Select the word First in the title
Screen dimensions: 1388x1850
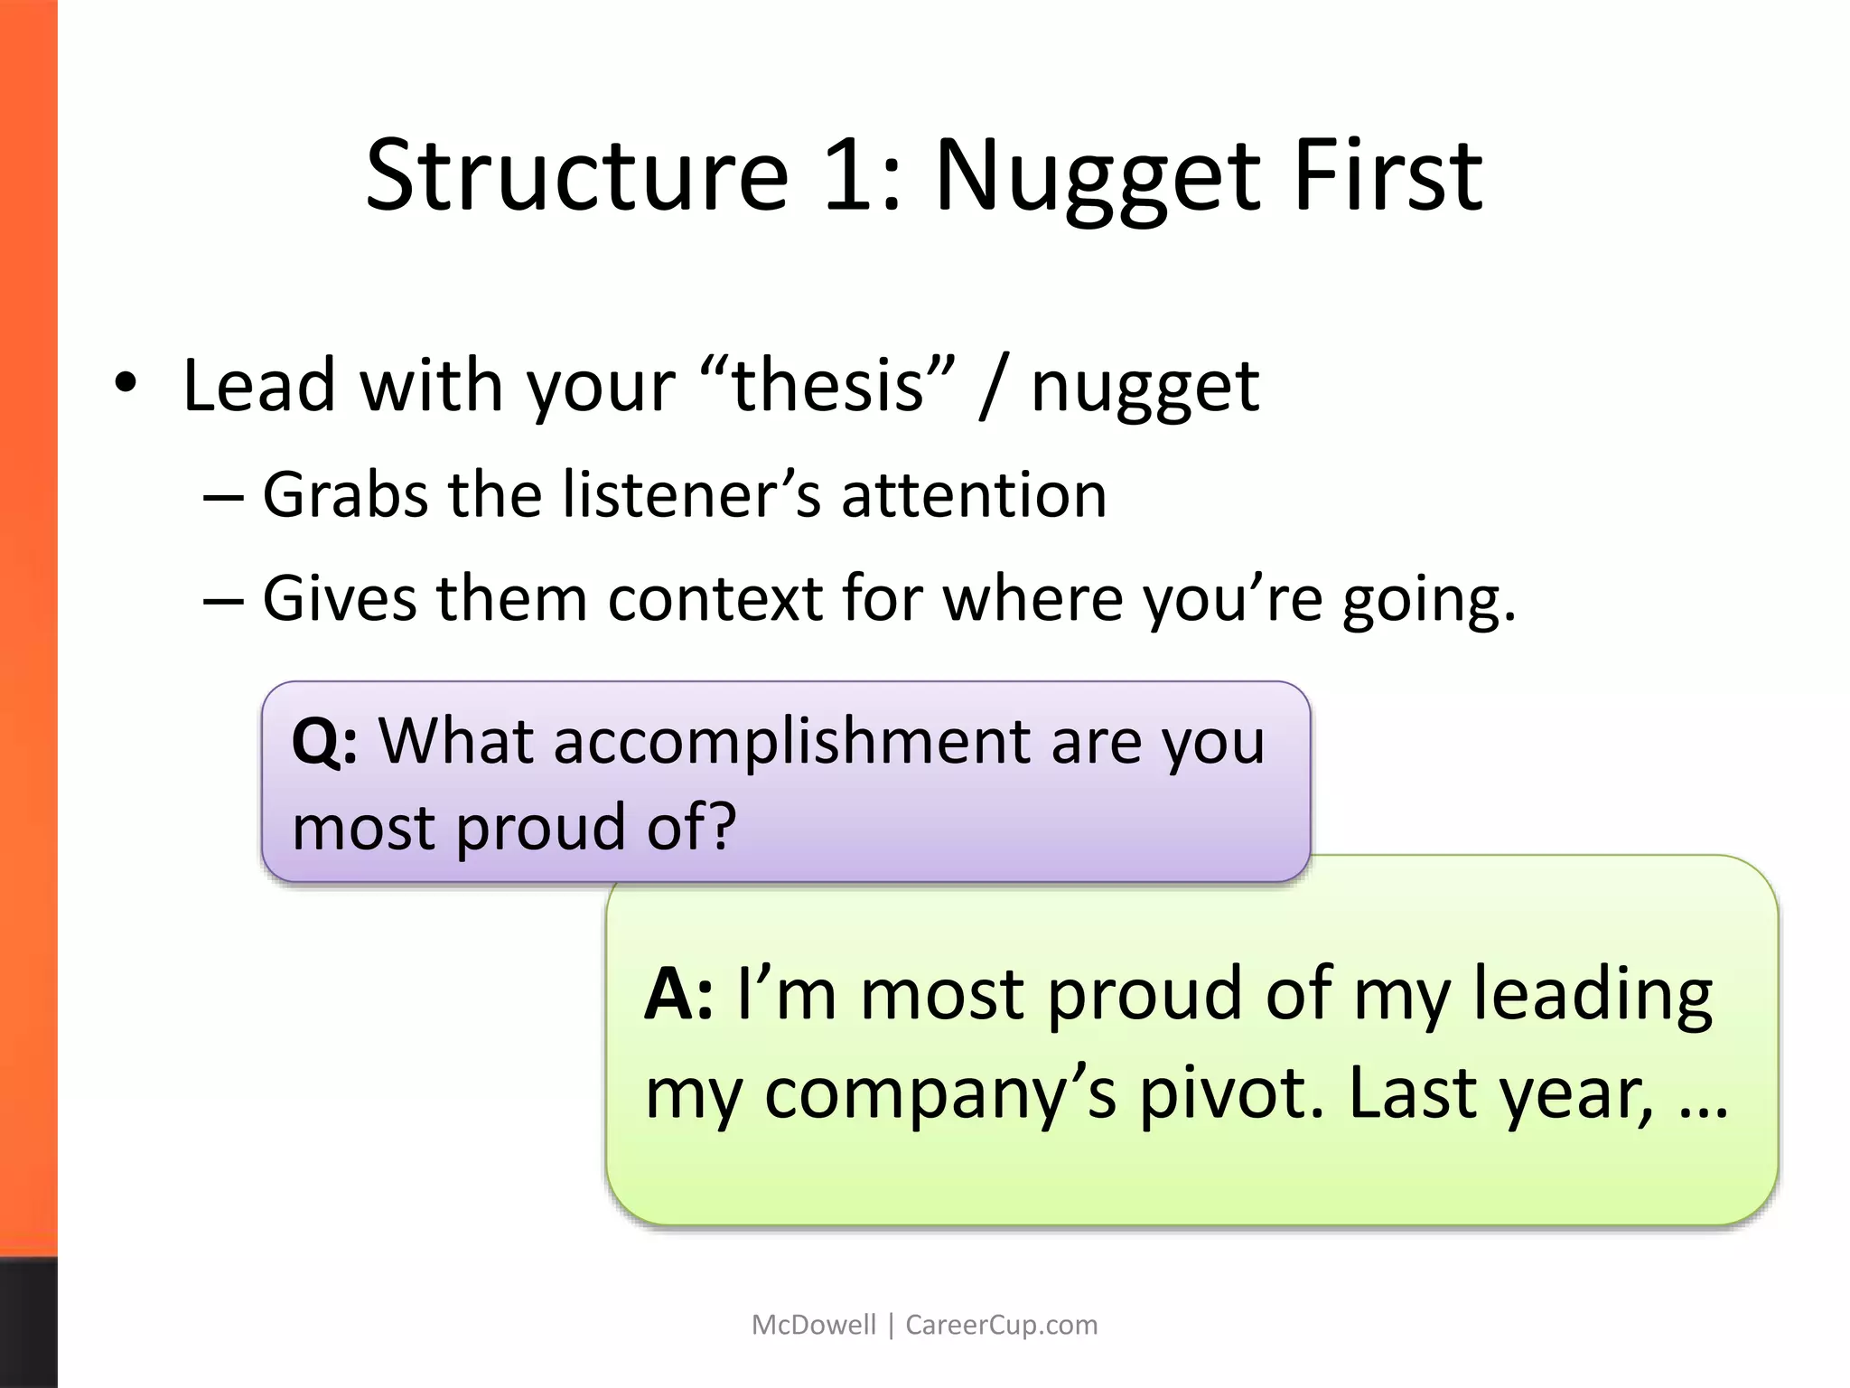point(1387,173)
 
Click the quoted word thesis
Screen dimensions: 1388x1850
point(827,385)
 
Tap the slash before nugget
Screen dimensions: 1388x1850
point(992,387)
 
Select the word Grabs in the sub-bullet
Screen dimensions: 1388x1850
point(344,495)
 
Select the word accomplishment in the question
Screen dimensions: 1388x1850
point(704,742)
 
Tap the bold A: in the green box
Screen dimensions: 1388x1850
point(678,994)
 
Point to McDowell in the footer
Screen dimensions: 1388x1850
point(813,1325)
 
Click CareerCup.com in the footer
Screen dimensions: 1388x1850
point(1001,1325)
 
